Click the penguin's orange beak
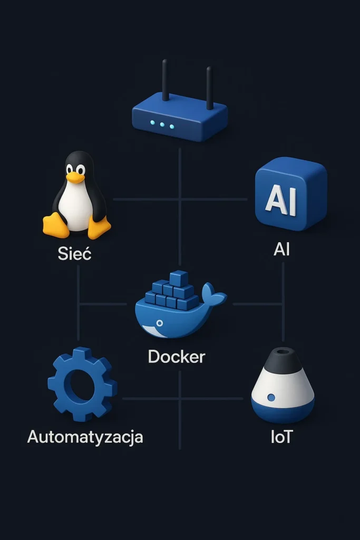click(x=75, y=177)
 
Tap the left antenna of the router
click(x=166, y=80)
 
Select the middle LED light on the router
click(x=162, y=125)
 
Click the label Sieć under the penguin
click(x=74, y=254)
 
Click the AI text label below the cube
click(x=281, y=249)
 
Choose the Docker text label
click(x=176, y=356)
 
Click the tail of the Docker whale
click(x=213, y=293)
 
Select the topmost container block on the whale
click(x=179, y=278)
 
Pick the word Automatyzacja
click(x=85, y=437)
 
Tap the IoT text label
click(x=281, y=437)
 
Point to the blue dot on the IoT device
click(x=271, y=397)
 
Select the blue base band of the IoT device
click(x=283, y=412)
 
